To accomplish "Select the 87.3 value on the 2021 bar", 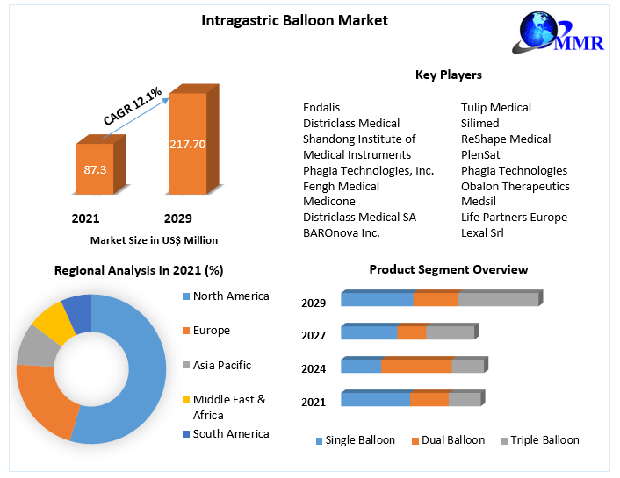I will [x=95, y=168].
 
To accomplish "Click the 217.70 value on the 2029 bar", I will [x=188, y=143].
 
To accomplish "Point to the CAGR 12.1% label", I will [x=132, y=106].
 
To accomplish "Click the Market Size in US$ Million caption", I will [x=154, y=239].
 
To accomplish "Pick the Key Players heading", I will [x=448, y=75].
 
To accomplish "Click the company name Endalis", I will [x=321, y=107].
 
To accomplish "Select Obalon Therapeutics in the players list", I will [x=515, y=186].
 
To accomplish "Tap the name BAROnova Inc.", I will [x=341, y=232].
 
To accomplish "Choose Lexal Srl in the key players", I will [x=482, y=232].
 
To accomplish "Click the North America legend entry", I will [x=231, y=296].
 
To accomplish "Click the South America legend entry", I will [x=231, y=433].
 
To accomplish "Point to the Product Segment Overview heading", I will [x=448, y=269].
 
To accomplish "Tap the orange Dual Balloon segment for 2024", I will [x=416, y=366].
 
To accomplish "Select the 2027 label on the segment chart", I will [x=314, y=335].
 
